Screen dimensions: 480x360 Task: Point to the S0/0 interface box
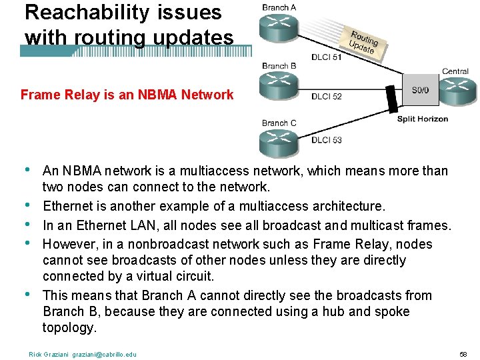click(421, 90)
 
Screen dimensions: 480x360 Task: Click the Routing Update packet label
click(364, 42)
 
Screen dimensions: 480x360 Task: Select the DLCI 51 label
click(326, 57)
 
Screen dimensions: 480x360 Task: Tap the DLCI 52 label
click(326, 97)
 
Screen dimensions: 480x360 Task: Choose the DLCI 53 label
click(326, 139)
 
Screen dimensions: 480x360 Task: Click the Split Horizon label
click(423, 119)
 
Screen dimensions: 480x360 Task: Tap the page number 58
click(463, 353)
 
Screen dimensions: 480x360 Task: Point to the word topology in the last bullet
click(69, 327)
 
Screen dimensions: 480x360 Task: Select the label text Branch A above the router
click(279, 8)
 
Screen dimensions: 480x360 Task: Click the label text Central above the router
click(455, 71)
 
